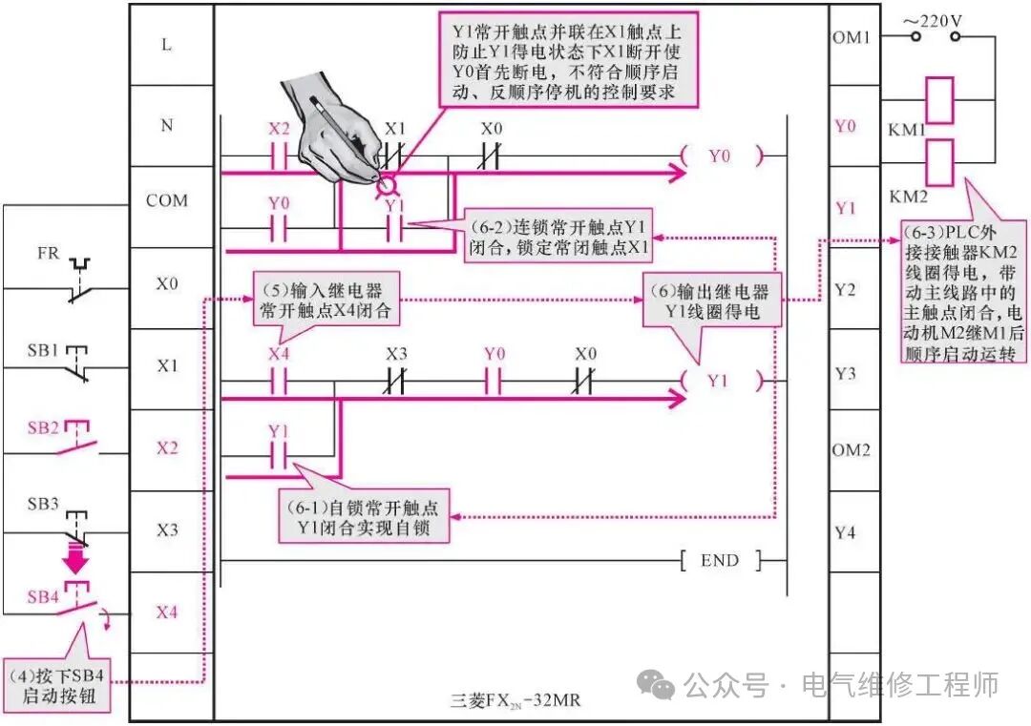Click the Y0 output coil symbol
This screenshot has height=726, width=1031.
tap(719, 156)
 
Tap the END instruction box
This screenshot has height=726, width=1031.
tap(719, 561)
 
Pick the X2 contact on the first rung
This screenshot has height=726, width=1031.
tap(279, 156)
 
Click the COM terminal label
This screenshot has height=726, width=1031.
tap(167, 201)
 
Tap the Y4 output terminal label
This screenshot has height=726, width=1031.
tap(845, 532)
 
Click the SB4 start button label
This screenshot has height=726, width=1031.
tap(43, 597)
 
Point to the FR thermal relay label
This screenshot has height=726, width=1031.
tap(48, 255)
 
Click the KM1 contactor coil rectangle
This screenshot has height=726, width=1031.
tap(940, 101)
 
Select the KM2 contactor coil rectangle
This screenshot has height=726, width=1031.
tap(940, 162)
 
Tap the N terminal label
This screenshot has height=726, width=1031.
tap(167, 125)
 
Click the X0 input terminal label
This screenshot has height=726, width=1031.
tap(167, 283)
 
